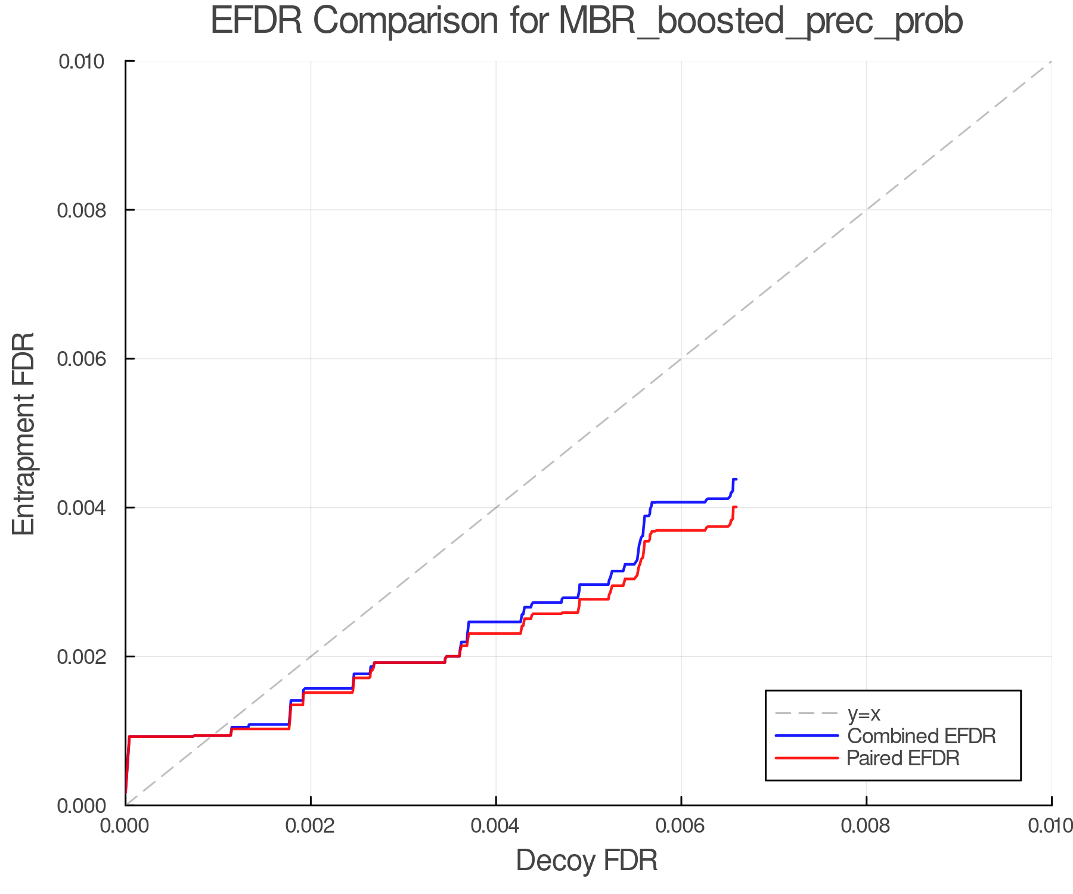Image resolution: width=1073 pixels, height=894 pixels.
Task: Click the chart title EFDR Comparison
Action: [587, 21]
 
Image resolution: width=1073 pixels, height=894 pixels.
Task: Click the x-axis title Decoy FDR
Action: [587, 860]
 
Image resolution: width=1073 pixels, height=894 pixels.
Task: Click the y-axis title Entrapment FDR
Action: [24, 433]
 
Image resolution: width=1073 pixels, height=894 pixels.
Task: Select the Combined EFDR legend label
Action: [921, 736]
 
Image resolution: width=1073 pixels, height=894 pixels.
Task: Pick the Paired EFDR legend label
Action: [903, 758]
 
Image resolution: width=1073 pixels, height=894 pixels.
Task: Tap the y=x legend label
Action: [864, 713]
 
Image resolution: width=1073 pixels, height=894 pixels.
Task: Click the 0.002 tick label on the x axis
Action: [311, 825]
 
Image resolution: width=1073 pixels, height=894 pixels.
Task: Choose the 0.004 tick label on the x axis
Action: [496, 825]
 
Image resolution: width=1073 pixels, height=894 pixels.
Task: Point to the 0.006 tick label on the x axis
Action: [681, 825]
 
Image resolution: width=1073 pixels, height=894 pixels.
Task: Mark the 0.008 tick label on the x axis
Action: [866, 825]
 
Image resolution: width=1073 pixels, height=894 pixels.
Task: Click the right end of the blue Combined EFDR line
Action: [736, 479]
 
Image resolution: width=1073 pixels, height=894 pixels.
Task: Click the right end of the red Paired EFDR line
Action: [736, 507]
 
